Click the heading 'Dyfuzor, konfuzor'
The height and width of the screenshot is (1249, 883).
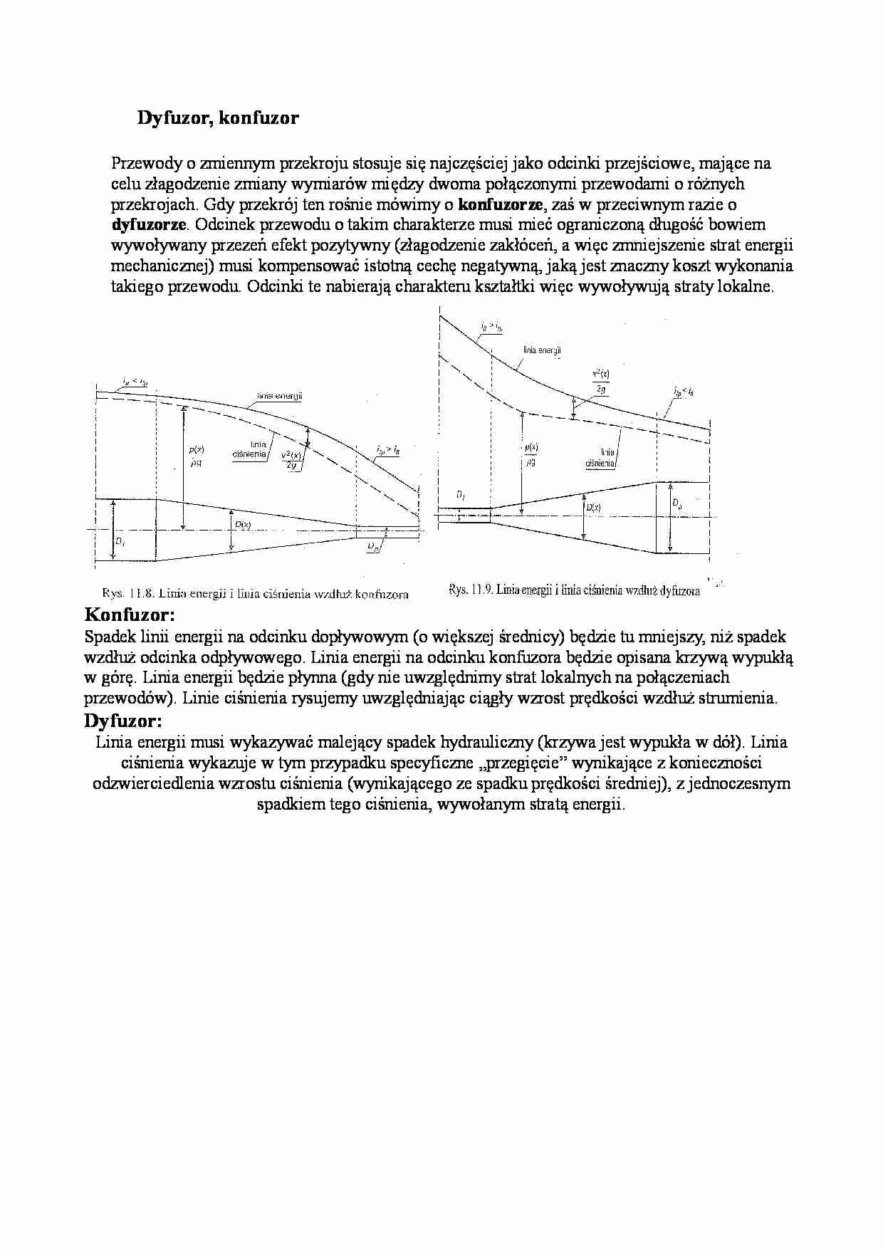(x=218, y=118)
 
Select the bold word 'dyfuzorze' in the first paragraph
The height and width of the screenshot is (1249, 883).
(x=149, y=225)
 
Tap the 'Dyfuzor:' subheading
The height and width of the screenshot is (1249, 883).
(x=123, y=721)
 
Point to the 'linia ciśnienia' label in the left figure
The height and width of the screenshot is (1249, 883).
(x=250, y=449)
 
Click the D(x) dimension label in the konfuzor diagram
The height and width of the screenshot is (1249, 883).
(x=243, y=524)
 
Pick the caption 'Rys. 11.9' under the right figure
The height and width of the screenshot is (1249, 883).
(x=574, y=590)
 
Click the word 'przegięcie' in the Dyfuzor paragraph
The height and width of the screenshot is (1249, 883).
(x=526, y=763)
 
